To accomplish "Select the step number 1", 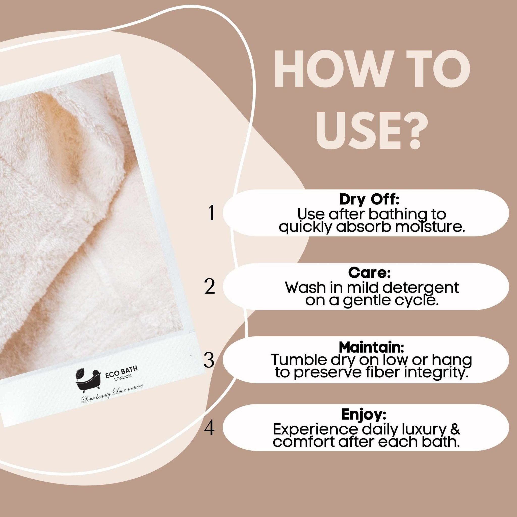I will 212,213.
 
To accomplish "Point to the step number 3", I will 209,360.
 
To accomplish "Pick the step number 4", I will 209,428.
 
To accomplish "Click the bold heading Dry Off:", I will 370,200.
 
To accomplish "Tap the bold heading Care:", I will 370,273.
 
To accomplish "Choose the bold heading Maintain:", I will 371,347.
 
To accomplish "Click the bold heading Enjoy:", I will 364,415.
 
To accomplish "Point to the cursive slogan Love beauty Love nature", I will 112,393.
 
